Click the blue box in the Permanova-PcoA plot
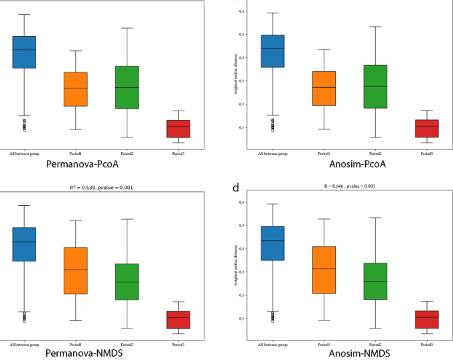(x=24, y=52)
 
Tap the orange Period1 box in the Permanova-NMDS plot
(x=75, y=270)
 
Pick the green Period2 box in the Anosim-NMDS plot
(x=374, y=281)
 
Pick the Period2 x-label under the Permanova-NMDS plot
(x=127, y=345)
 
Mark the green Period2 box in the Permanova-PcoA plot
(x=127, y=87)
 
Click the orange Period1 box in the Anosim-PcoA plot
(x=324, y=88)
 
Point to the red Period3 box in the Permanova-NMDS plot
(x=178, y=320)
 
